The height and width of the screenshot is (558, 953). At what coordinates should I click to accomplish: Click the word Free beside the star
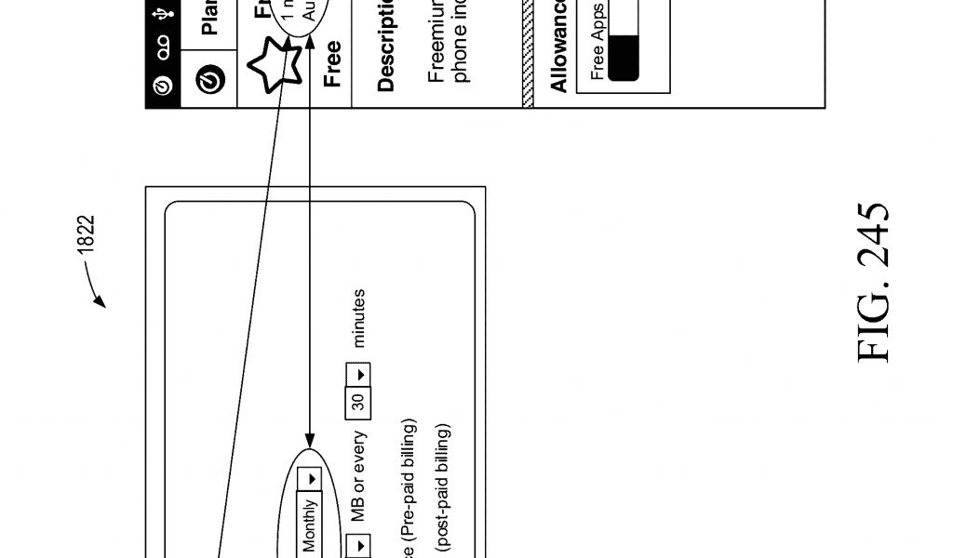click(331, 63)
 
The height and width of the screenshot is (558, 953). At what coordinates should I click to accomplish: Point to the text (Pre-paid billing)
click(410, 484)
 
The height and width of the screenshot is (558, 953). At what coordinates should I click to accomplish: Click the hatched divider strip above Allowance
click(529, 56)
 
